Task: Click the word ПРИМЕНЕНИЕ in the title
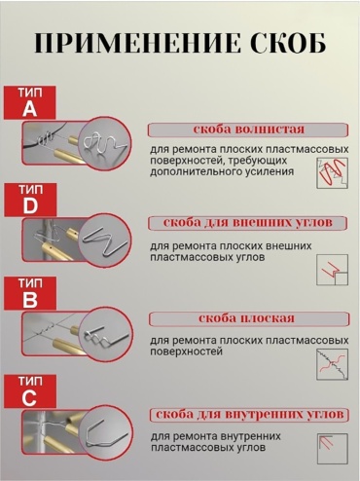(138, 43)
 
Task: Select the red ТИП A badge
(29, 102)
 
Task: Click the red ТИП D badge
(30, 200)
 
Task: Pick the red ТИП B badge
(30, 293)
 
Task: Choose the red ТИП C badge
(30, 390)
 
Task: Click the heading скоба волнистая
(248, 129)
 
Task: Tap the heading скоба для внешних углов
(248, 223)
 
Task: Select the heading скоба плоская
(246, 318)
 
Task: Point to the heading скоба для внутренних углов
(249, 415)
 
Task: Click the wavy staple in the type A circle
(101, 143)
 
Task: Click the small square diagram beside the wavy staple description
(332, 173)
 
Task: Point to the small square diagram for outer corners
(332, 270)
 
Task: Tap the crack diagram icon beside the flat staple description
(332, 364)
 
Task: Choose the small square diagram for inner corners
(332, 449)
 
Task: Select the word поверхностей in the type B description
(186, 351)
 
